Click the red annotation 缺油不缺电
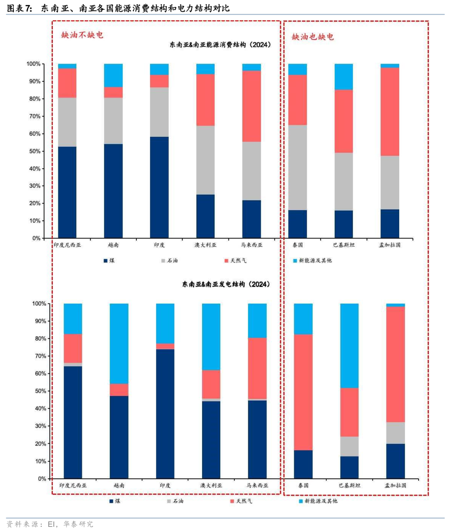(82, 35)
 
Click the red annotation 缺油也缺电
(313, 37)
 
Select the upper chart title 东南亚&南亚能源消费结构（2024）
(220, 45)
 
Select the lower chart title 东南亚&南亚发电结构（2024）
(226, 284)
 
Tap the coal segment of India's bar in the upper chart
(159, 187)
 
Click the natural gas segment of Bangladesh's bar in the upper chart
(390, 112)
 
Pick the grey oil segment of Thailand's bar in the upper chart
(298, 168)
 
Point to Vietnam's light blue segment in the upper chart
(113, 75)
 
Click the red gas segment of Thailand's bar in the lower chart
(303, 392)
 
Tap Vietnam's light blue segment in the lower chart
(119, 343)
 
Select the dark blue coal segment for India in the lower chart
(165, 414)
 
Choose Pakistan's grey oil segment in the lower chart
(349, 446)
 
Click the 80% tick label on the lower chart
(39, 338)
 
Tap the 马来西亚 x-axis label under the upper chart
(252, 245)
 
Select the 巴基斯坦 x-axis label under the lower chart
(349, 485)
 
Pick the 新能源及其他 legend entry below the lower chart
(318, 501)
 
